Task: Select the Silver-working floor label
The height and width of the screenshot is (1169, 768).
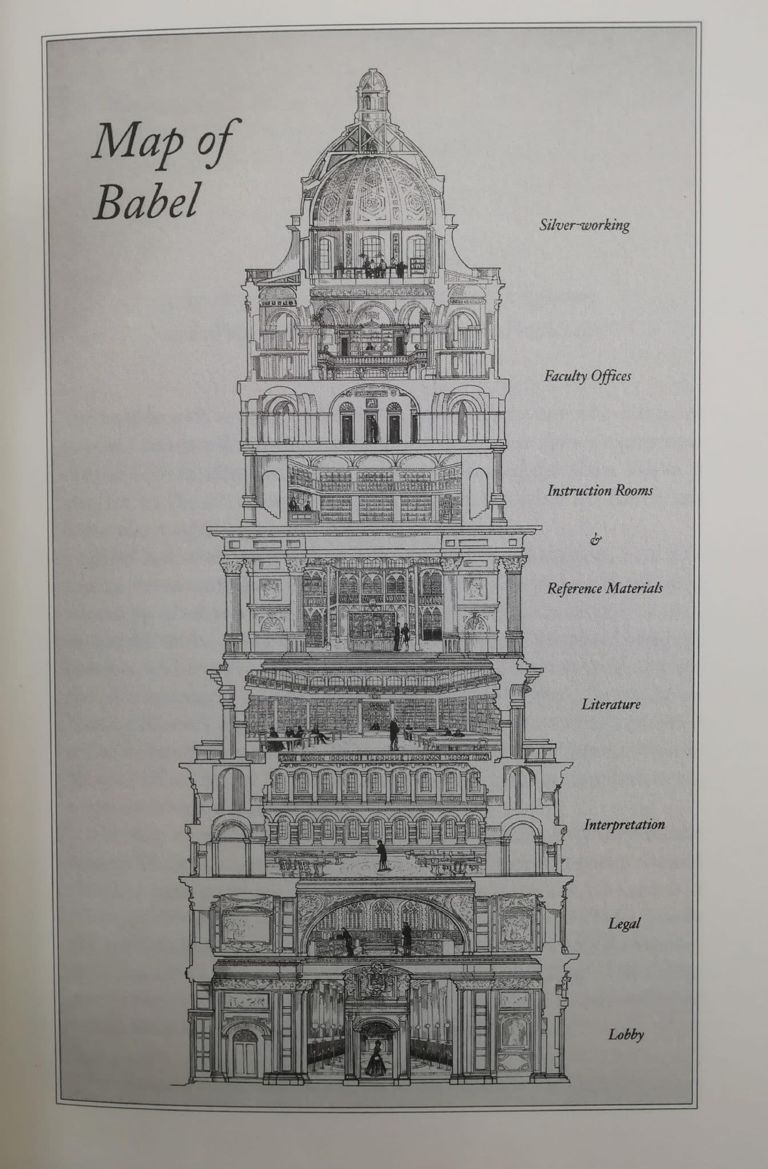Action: (x=585, y=224)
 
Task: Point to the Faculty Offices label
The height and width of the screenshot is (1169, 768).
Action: (x=588, y=376)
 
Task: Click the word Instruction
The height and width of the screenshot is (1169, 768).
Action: (x=578, y=490)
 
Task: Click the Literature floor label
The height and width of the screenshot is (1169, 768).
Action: (x=611, y=704)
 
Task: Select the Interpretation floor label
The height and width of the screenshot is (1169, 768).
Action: (x=624, y=824)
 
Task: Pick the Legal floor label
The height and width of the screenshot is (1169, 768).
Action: (x=624, y=924)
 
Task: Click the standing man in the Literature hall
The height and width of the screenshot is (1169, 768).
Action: (x=393, y=735)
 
